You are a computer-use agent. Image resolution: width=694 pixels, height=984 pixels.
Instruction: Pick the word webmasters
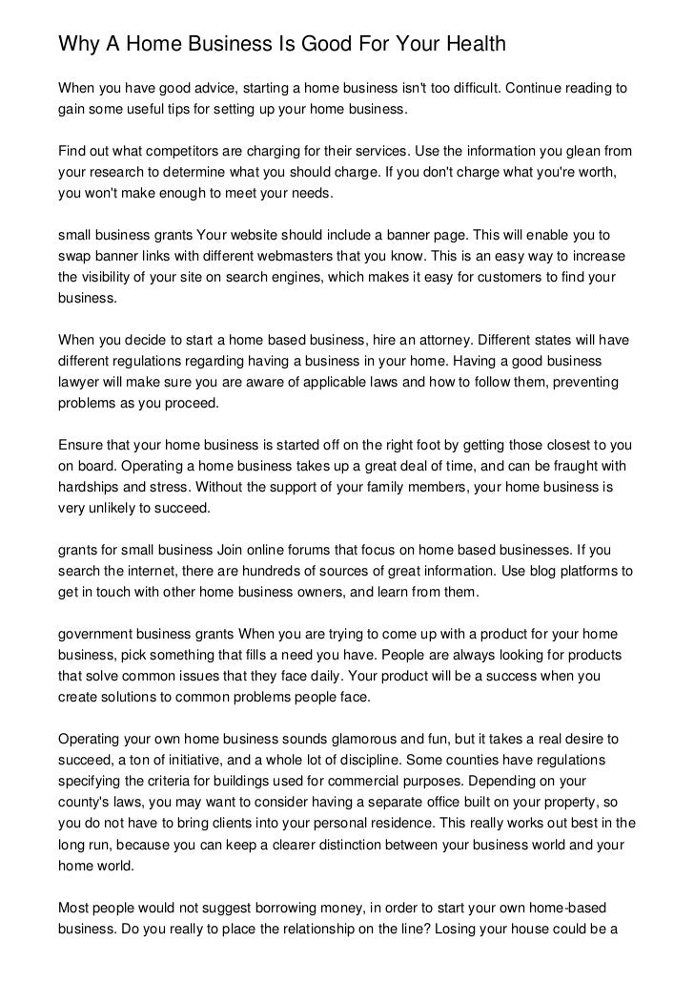pyautogui.click(x=328, y=256)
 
